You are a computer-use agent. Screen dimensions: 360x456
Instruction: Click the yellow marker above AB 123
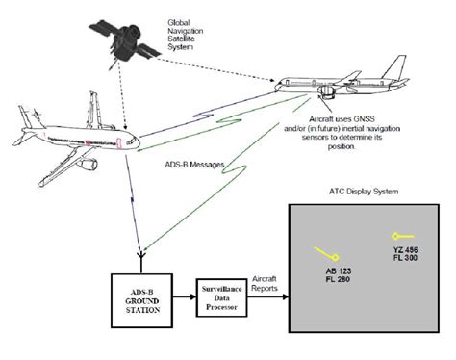tap(325, 253)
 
